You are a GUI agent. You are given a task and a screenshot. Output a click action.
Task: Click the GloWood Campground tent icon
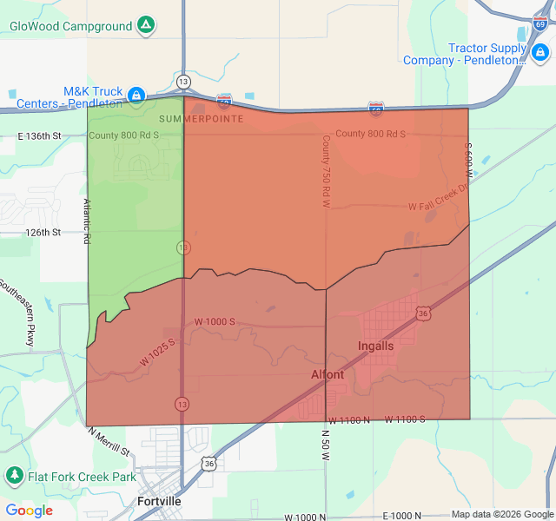[x=147, y=25]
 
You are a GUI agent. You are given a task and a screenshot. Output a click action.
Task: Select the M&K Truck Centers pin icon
[x=136, y=94]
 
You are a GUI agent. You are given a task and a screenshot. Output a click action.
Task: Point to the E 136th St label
[x=40, y=136]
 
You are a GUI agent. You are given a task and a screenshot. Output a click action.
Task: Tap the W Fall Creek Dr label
[x=439, y=205]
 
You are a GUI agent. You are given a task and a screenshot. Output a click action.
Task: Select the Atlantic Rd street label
[x=87, y=221]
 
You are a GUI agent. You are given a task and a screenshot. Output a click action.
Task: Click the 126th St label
[x=43, y=233]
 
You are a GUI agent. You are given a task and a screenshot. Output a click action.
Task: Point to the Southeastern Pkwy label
[x=17, y=313]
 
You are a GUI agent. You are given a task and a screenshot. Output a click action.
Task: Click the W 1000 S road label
[x=215, y=322]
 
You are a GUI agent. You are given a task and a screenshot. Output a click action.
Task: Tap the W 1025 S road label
[x=157, y=352]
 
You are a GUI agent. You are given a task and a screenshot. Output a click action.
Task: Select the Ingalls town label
[x=375, y=346]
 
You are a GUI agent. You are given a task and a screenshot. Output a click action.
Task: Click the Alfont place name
[x=328, y=375]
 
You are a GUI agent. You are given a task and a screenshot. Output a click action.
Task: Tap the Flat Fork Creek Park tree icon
[x=14, y=476]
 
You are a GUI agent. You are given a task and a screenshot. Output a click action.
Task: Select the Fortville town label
[x=160, y=501]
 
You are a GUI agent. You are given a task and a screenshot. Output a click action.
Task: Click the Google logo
[x=29, y=511]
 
